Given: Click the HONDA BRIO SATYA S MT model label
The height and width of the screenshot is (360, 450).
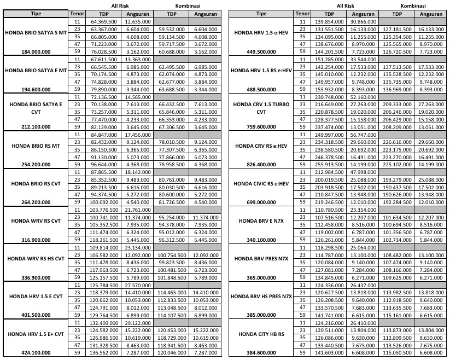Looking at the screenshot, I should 35,33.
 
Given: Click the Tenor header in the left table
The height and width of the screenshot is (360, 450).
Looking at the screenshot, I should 77,13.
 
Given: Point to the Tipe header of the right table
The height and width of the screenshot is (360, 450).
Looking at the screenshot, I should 261,13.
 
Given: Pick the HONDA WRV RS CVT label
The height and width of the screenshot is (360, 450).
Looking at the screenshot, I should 35,221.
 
